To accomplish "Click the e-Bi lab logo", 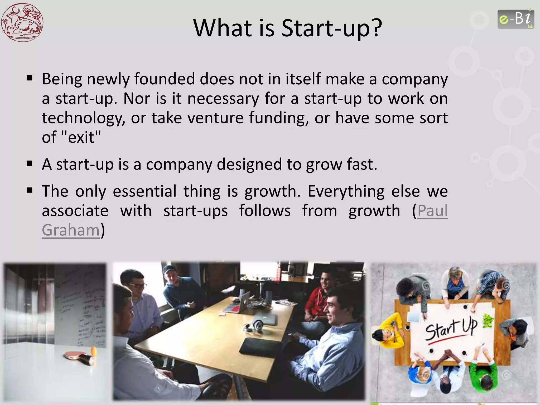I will click(516, 19).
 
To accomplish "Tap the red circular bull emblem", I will click(22, 22).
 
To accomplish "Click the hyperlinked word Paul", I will click(433, 211).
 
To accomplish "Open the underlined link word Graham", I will click(71, 230).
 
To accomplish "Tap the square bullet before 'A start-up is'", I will click(30, 164).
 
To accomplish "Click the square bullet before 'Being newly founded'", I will click(30, 78).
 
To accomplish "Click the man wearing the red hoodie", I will click(319, 295).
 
